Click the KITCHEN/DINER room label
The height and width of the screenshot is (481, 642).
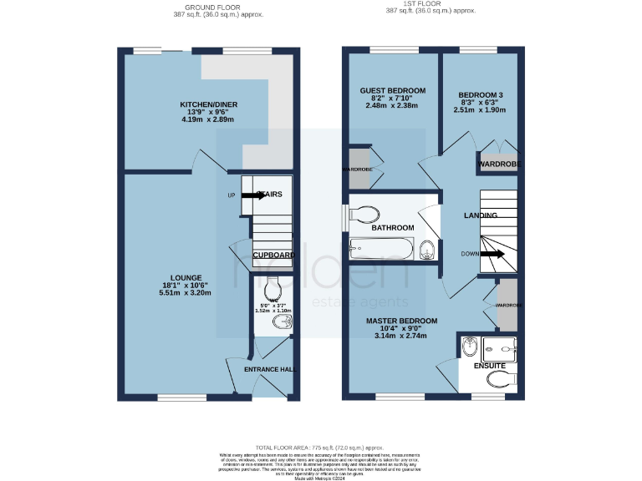click(209, 104)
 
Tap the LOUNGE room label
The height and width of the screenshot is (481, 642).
click(186, 277)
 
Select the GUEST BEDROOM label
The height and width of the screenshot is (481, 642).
click(392, 90)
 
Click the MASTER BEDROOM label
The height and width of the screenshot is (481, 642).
click(403, 321)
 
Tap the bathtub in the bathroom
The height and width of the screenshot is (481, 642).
click(381, 248)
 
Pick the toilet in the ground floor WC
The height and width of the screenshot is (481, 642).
click(272, 291)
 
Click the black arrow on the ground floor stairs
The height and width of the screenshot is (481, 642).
click(254, 195)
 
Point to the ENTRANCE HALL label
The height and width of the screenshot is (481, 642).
click(269, 369)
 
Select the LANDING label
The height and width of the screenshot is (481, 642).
click(481, 215)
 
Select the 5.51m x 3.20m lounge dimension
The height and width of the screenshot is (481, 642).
click(186, 293)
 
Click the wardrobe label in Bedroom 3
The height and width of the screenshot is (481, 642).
click(498, 165)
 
